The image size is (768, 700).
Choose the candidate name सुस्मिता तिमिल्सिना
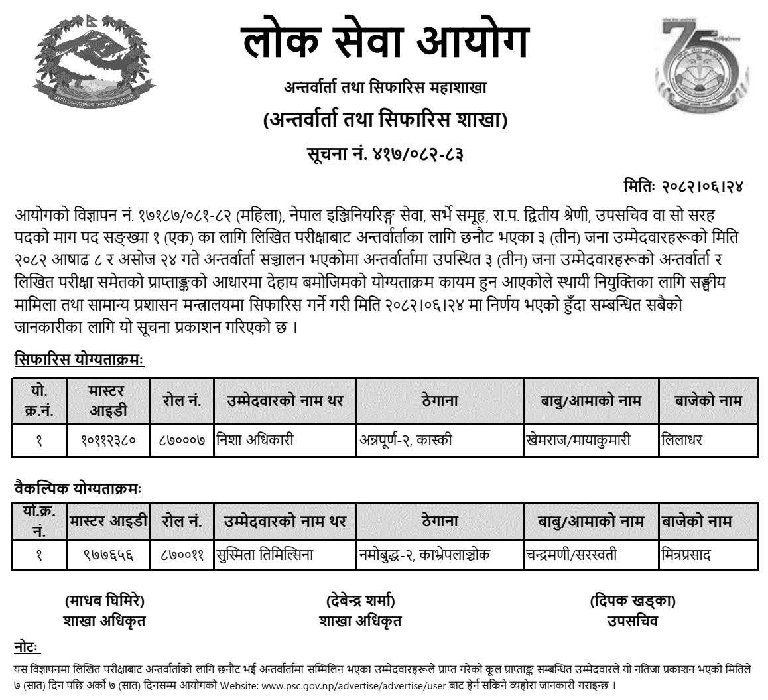coord(264,555)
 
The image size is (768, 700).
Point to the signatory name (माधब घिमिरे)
coord(104,602)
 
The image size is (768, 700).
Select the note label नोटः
coord(27,646)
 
